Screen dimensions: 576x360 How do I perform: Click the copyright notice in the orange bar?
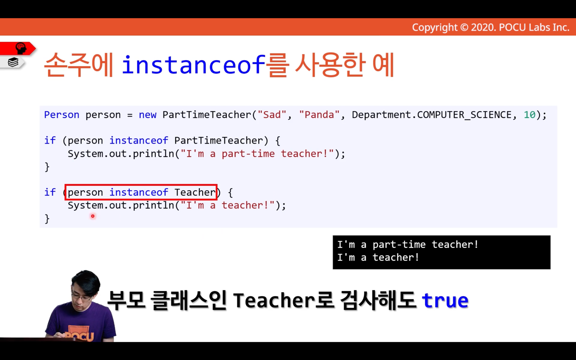tap(491, 27)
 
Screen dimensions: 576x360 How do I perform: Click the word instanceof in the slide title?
tap(194, 65)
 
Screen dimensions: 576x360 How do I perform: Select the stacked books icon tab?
tap(13, 62)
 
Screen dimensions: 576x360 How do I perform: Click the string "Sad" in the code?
tap(272, 115)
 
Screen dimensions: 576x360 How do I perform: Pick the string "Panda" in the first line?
tap(319, 115)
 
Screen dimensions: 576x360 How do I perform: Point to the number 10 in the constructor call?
tap(530, 115)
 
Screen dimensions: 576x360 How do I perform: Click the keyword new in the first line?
tap(147, 115)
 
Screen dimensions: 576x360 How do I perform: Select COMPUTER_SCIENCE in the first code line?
tap(464, 115)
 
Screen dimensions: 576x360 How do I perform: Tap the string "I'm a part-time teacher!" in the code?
tap(257, 154)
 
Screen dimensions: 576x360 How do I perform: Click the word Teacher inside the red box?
tap(195, 192)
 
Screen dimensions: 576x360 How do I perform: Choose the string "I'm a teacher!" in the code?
tap(227, 205)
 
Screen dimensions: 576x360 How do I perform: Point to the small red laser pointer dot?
tap(93, 216)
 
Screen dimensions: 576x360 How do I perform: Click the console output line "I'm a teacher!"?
tap(378, 258)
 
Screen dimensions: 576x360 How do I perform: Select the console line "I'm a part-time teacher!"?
tap(408, 245)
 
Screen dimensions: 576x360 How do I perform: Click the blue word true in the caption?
tap(445, 300)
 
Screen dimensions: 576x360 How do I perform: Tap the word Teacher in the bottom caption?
tap(274, 300)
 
